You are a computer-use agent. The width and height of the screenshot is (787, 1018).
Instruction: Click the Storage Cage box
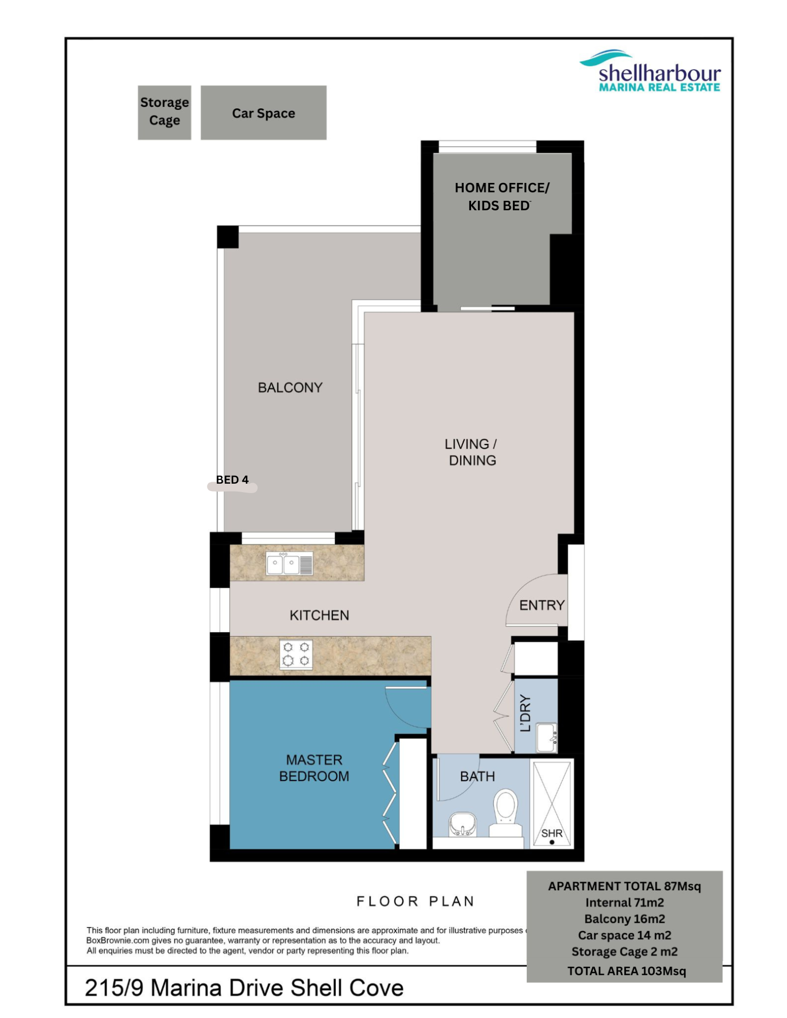164,112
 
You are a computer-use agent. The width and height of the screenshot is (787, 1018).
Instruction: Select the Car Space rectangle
264,112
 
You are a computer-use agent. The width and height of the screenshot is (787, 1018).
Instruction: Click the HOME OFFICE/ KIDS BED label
501,196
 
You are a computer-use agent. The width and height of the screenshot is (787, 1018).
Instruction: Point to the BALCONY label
290,388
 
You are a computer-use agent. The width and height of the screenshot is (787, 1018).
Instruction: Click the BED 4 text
232,480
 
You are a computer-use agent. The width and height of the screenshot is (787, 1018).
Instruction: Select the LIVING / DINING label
472,452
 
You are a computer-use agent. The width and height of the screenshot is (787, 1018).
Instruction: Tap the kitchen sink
290,564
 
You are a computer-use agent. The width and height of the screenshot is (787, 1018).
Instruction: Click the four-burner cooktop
296,654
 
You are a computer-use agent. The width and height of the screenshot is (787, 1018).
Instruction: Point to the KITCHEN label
319,615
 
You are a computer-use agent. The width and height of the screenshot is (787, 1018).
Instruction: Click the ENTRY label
542,605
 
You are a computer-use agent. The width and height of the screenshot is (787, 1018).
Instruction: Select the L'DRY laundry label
525,713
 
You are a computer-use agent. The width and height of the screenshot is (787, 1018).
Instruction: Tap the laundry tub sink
546,738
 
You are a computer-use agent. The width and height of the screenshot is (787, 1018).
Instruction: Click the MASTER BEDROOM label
314,768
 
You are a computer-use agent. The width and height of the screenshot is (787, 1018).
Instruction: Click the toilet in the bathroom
506,813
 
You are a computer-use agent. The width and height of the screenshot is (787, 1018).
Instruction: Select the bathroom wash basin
463,825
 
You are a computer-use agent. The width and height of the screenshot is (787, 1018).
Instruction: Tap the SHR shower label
552,833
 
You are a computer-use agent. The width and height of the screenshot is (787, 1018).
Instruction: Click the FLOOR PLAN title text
415,901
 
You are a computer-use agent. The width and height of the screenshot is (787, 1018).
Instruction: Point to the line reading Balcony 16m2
624,919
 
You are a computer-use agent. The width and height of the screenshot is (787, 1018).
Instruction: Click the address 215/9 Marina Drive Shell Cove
244,988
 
